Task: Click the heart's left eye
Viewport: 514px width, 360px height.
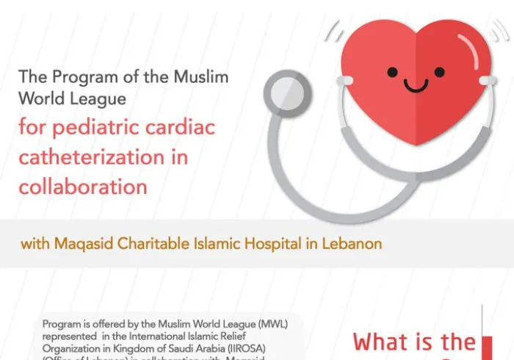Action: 393,72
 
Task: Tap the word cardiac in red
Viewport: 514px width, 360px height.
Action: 180,129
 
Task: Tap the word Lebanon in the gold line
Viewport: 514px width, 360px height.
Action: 353,243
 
